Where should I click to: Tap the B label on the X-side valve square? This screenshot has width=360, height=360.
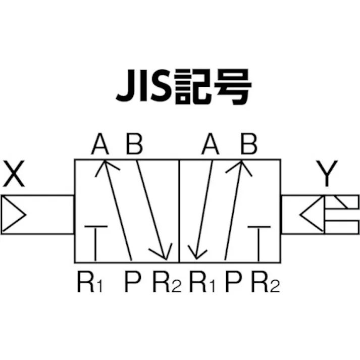(x=134, y=145)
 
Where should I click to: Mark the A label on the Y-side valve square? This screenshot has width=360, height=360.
(x=211, y=145)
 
